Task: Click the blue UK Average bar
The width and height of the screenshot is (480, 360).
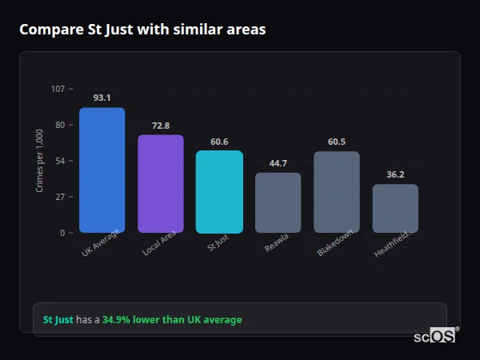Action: pyautogui.click(x=102, y=170)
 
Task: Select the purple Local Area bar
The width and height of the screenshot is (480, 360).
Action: pyautogui.click(x=161, y=184)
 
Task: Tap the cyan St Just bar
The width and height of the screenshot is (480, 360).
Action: pyautogui.click(x=219, y=192)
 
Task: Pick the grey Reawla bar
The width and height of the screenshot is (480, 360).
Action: pyautogui.click(x=278, y=203)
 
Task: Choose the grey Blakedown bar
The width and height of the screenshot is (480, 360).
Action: pyautogui.click(x=337, y=192)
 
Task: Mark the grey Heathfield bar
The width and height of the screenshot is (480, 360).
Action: pyautogui.click(x=395, y=209)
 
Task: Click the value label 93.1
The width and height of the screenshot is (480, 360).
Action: pyautogui.click(x=102, y=98)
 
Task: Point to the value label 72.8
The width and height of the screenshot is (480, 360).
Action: pyautogui.click(x=161, y=126)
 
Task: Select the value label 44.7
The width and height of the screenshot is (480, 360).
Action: pyautogui.click(x=278, y=163)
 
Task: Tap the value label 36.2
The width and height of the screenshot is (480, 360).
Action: pyautogui.click(x=395, y=174)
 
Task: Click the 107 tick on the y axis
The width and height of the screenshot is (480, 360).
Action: pyautogui.click(x=58, y=89)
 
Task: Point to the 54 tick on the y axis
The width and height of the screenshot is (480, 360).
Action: pyautogui.click(x=60, y=161)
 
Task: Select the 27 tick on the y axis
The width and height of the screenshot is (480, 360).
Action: pyautogui.click(x=60, y=197)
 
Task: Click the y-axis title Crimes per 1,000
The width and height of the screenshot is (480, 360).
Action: pyautogui.click(x=39, y=161)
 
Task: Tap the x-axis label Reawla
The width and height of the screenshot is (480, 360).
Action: pyautogui.click(x=277, y=243)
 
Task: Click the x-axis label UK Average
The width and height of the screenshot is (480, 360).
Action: pyautogui.click(x=100, y=244)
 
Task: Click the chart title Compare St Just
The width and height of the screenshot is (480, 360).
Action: pyautogui.click(x=142, y=30)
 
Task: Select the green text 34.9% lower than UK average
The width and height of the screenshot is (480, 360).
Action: pyautogui.click(x=171, y=320)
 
